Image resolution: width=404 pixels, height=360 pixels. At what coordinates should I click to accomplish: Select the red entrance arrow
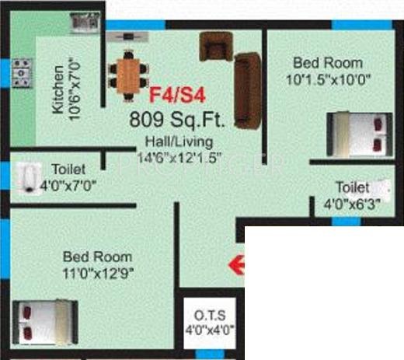pyautogui.click(x=236, y=266)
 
